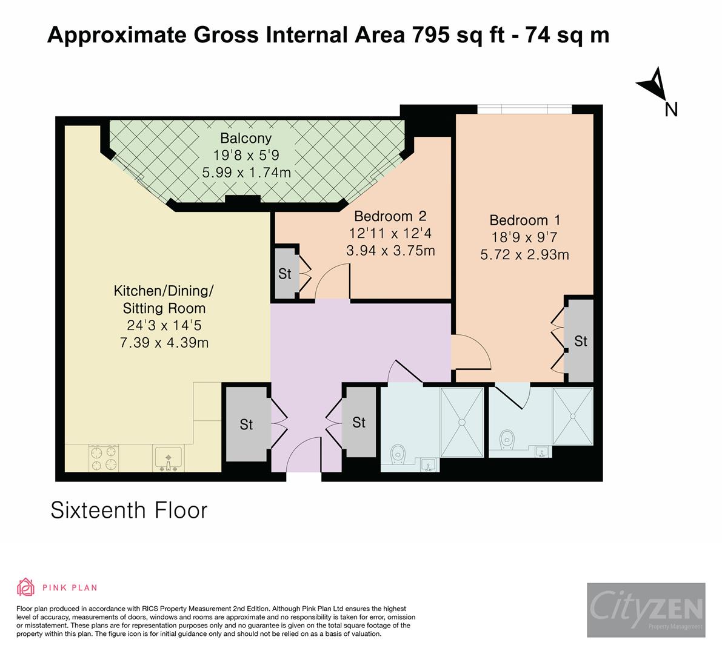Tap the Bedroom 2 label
tap(390, 216)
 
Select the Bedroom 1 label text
tap(525, 220)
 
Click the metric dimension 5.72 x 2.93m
tap(524, 255)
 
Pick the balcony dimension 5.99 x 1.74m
tap(246, 173)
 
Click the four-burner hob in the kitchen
tap(103, 458)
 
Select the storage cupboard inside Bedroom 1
tap(580, 341)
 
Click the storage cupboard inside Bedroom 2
tap(285, 274)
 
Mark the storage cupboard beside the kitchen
tap(246, 424)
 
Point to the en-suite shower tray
tap(572, 415)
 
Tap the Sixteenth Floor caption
tap(129, 510)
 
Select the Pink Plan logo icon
tap(25, 587)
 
